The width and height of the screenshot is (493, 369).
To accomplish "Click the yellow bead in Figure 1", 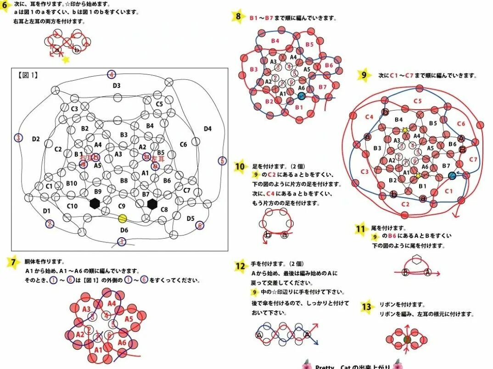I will [122, 218].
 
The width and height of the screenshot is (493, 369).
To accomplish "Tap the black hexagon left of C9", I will [95, 203].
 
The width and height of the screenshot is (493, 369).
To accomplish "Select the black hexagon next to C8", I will [152, 203].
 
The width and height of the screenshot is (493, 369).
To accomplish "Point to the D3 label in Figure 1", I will [117, 85].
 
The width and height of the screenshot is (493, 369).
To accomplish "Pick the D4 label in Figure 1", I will [207, 129].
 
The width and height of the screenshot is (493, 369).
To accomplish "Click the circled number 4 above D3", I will [112, 74].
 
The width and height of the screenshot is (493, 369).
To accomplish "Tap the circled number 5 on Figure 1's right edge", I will [223, 161].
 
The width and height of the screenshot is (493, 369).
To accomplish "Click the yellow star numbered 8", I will [238, 17].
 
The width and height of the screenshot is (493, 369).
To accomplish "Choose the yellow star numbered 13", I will [366, 306].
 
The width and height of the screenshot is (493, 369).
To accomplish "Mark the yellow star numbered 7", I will [13, 262].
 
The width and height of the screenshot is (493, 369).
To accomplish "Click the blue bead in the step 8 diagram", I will [301, 96].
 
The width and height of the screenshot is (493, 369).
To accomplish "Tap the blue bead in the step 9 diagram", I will [452, 175].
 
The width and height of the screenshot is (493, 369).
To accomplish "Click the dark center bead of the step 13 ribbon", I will [406, 340].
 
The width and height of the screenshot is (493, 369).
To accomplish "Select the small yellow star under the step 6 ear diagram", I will [66, 60].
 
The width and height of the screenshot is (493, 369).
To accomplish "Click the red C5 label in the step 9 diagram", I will [418, 101].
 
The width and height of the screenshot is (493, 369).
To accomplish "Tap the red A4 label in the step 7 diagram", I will [112, 303].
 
